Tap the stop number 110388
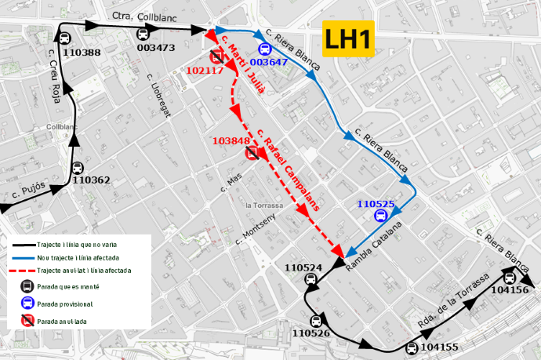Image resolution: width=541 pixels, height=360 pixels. [81, 53]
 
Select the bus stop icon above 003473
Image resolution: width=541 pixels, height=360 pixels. [143, 34]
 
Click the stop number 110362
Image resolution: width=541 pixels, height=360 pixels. [91, 180]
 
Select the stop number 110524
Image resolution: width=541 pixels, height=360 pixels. [303, 267]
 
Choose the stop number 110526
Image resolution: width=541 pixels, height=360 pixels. [310, 333]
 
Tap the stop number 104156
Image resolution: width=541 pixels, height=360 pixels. [509, 290]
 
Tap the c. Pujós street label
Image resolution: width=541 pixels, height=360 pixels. [29, 192]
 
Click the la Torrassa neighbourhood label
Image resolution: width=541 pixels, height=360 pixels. [263, 205]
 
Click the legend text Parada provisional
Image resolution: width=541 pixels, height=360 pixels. [64, 304]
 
